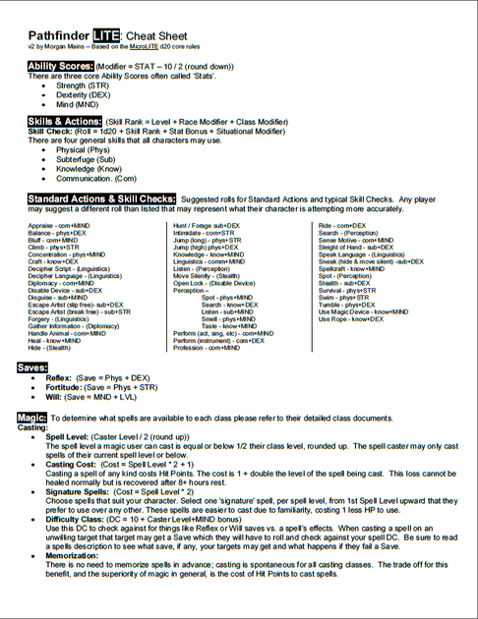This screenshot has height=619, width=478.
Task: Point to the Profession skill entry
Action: [x=206, y=348]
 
